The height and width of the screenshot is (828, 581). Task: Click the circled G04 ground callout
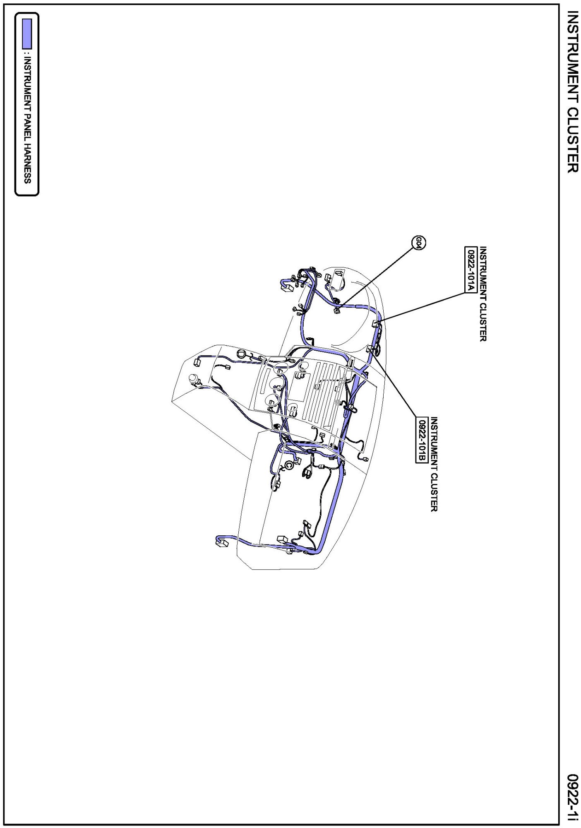pyautogui.click(x=419, y=243)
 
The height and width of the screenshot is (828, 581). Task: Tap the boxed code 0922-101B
pyautogui.click(x=421, y=439)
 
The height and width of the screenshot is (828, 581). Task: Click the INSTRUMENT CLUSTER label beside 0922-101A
pyautogui.click(x=483, y=294)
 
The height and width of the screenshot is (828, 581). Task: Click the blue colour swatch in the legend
pyautogui.click(x=27, y=34)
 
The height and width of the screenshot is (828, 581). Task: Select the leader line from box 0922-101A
pyautogui.click(x=421, y=307)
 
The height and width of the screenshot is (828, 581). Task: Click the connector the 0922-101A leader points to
pyautogui.click(x=376, y=323)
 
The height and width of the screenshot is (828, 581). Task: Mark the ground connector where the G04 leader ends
pyautogui.click(x=337, y=310)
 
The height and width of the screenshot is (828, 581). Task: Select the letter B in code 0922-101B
pyautogui.click(x=421, y=459)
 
